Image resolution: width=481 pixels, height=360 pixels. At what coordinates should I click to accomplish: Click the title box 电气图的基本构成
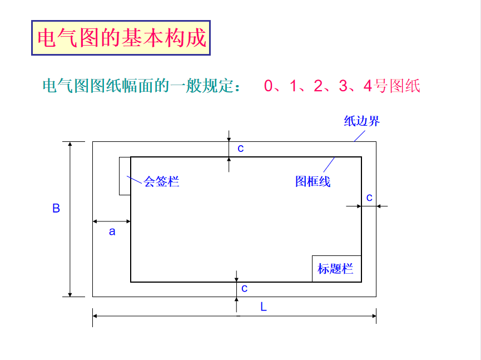(121, 38)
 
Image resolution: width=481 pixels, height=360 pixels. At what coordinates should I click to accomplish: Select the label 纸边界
(361, 121)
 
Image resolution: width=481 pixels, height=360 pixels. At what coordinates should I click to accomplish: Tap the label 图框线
(313, 181)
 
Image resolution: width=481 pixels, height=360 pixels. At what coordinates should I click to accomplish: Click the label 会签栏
(161, 181)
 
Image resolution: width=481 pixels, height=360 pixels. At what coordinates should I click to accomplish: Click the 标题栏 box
(336, 269)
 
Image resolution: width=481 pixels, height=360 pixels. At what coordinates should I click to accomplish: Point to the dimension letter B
(56, 209)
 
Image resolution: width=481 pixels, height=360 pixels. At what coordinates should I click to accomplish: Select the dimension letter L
(264, 307)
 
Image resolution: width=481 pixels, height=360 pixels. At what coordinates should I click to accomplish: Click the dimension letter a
(112, 231)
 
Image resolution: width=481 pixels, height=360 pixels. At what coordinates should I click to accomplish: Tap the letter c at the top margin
(241, 148)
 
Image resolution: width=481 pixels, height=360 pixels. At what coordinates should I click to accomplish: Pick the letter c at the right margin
(369, 197)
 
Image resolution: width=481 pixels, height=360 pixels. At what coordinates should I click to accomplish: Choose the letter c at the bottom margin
(244, 288)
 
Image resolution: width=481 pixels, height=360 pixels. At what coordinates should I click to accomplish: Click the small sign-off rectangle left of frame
(125, 176)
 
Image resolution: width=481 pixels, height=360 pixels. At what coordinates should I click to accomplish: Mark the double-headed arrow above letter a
(112, 221)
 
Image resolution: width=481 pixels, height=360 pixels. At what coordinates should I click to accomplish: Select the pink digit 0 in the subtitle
(269, 86)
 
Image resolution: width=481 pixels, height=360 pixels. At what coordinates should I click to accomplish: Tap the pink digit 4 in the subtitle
(367, 86)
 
